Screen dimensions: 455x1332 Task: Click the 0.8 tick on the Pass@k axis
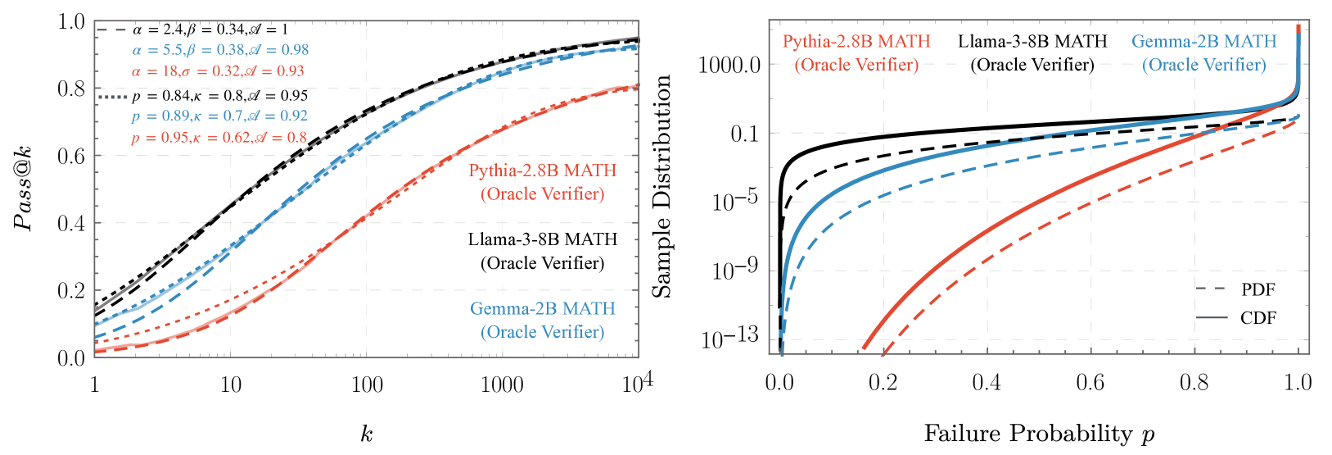tap(73, 89)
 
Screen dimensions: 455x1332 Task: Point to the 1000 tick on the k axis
tap(502, 384)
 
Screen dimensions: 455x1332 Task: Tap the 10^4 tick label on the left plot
tap(636, 382)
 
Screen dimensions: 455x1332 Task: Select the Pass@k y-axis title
tap(25, 189)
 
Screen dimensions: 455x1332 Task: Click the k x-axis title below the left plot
tap(366, 433)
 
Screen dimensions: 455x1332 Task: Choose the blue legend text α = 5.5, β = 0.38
tap(220, 50)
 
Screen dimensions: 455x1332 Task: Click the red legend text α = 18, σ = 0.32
tap(218, 71)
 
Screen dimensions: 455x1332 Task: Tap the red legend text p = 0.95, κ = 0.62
tap(219, 138)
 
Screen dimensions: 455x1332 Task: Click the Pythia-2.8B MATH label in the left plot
tap(542, 171)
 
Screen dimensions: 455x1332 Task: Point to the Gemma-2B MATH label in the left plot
tap(542, 309)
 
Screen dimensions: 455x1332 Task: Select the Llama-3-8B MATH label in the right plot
tap(1032, 41)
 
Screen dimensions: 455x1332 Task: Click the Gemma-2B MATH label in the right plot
tap(1203, 41)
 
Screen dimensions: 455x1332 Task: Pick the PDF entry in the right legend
tap(1257, 289)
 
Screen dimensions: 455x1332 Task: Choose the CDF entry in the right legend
tap(1257, 318)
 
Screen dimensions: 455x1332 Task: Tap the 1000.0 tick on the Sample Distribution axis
tap(729, 65)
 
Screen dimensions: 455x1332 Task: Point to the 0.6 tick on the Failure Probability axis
tap(1090, 383)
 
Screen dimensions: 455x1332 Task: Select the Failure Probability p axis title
tap(1039, 433)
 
